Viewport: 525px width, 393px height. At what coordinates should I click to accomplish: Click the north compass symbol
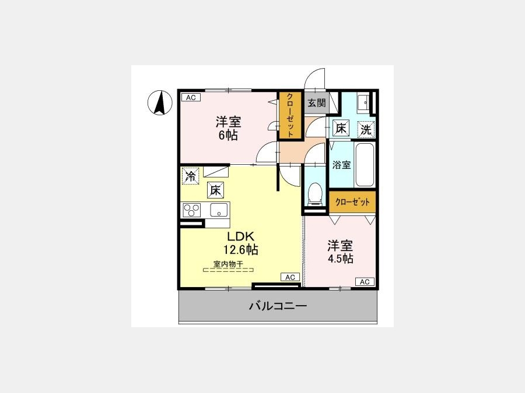click(160, 103)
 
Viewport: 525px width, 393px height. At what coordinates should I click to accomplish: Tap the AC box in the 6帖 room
click(191, 98)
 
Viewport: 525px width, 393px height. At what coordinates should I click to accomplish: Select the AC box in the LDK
click(290, 277)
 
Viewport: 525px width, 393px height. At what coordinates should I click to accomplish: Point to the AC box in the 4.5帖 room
click(365, 282)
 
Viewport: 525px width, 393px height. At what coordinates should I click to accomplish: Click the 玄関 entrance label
click(316, 102)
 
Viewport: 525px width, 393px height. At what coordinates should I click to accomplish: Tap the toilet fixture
click(314, 194)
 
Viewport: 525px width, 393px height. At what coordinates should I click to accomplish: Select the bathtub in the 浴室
click(365, 165)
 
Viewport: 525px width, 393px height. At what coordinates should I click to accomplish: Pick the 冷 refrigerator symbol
click(191, 176)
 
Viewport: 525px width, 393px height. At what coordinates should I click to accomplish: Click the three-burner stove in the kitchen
click(192, 210)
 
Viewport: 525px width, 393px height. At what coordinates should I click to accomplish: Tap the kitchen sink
click(219, 210)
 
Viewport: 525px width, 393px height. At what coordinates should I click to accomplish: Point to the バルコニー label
click(278, 306)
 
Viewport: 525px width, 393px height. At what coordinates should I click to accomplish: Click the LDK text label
click(241, 236)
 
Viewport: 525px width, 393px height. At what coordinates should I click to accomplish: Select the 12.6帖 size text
click(241, 249)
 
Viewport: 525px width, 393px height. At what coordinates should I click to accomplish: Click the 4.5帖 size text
click(340, 259)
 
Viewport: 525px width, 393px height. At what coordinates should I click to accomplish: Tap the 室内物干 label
click(228, 264)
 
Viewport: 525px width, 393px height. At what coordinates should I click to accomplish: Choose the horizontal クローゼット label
click(352, 202)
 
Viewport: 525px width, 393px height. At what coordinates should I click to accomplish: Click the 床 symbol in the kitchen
click(215, 190)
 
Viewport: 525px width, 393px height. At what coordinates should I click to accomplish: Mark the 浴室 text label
click(341, 165)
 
